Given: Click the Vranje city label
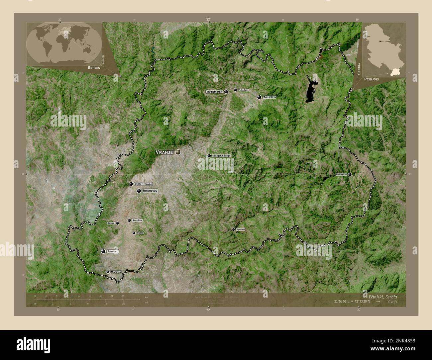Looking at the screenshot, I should [x=164, y=152].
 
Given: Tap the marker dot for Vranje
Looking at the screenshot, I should [x=178, y=152].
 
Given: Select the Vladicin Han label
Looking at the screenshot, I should [x=214, y=92].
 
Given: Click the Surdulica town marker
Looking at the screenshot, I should [x=259, y=97].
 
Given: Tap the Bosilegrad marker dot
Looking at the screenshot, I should [x=350, y=174].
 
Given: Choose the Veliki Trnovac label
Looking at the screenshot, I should [x=144, y=184].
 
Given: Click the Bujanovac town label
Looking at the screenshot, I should [x=150, y=191].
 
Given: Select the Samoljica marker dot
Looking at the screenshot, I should [x=129, y=220].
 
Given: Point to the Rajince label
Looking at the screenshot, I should [x=111, y=223].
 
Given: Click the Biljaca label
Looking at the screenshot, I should [x=140, y=233].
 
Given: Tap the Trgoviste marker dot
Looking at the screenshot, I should [x=233, y=229].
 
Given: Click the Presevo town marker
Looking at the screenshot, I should [x=103, y=251].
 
